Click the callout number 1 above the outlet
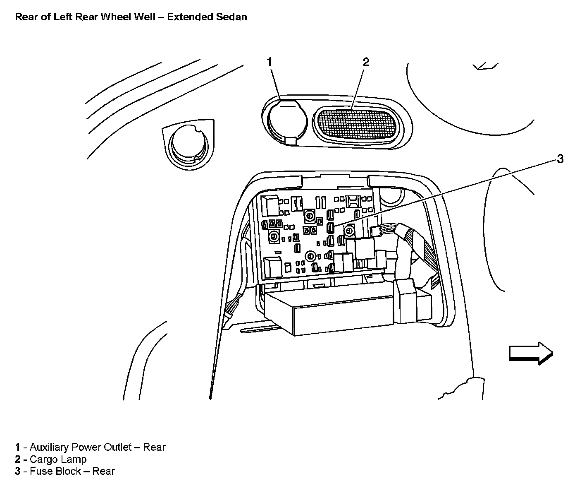[x=269, y=62]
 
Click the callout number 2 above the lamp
[x=366, y=62]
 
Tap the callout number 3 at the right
[x=560, y=159]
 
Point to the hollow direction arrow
[x=531, y=353]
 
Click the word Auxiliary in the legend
[x=50, y=447]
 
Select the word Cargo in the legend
[x=43, y=459]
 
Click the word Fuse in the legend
[x=41, y=471]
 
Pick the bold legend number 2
[x=18, y=459]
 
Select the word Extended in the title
[x=189, y=17]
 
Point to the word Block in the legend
[x=68, y=471]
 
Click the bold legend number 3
[x=18, y=471]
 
